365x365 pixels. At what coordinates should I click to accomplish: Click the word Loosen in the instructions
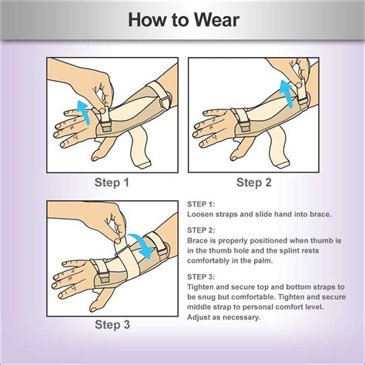click(x=202, y=215)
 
